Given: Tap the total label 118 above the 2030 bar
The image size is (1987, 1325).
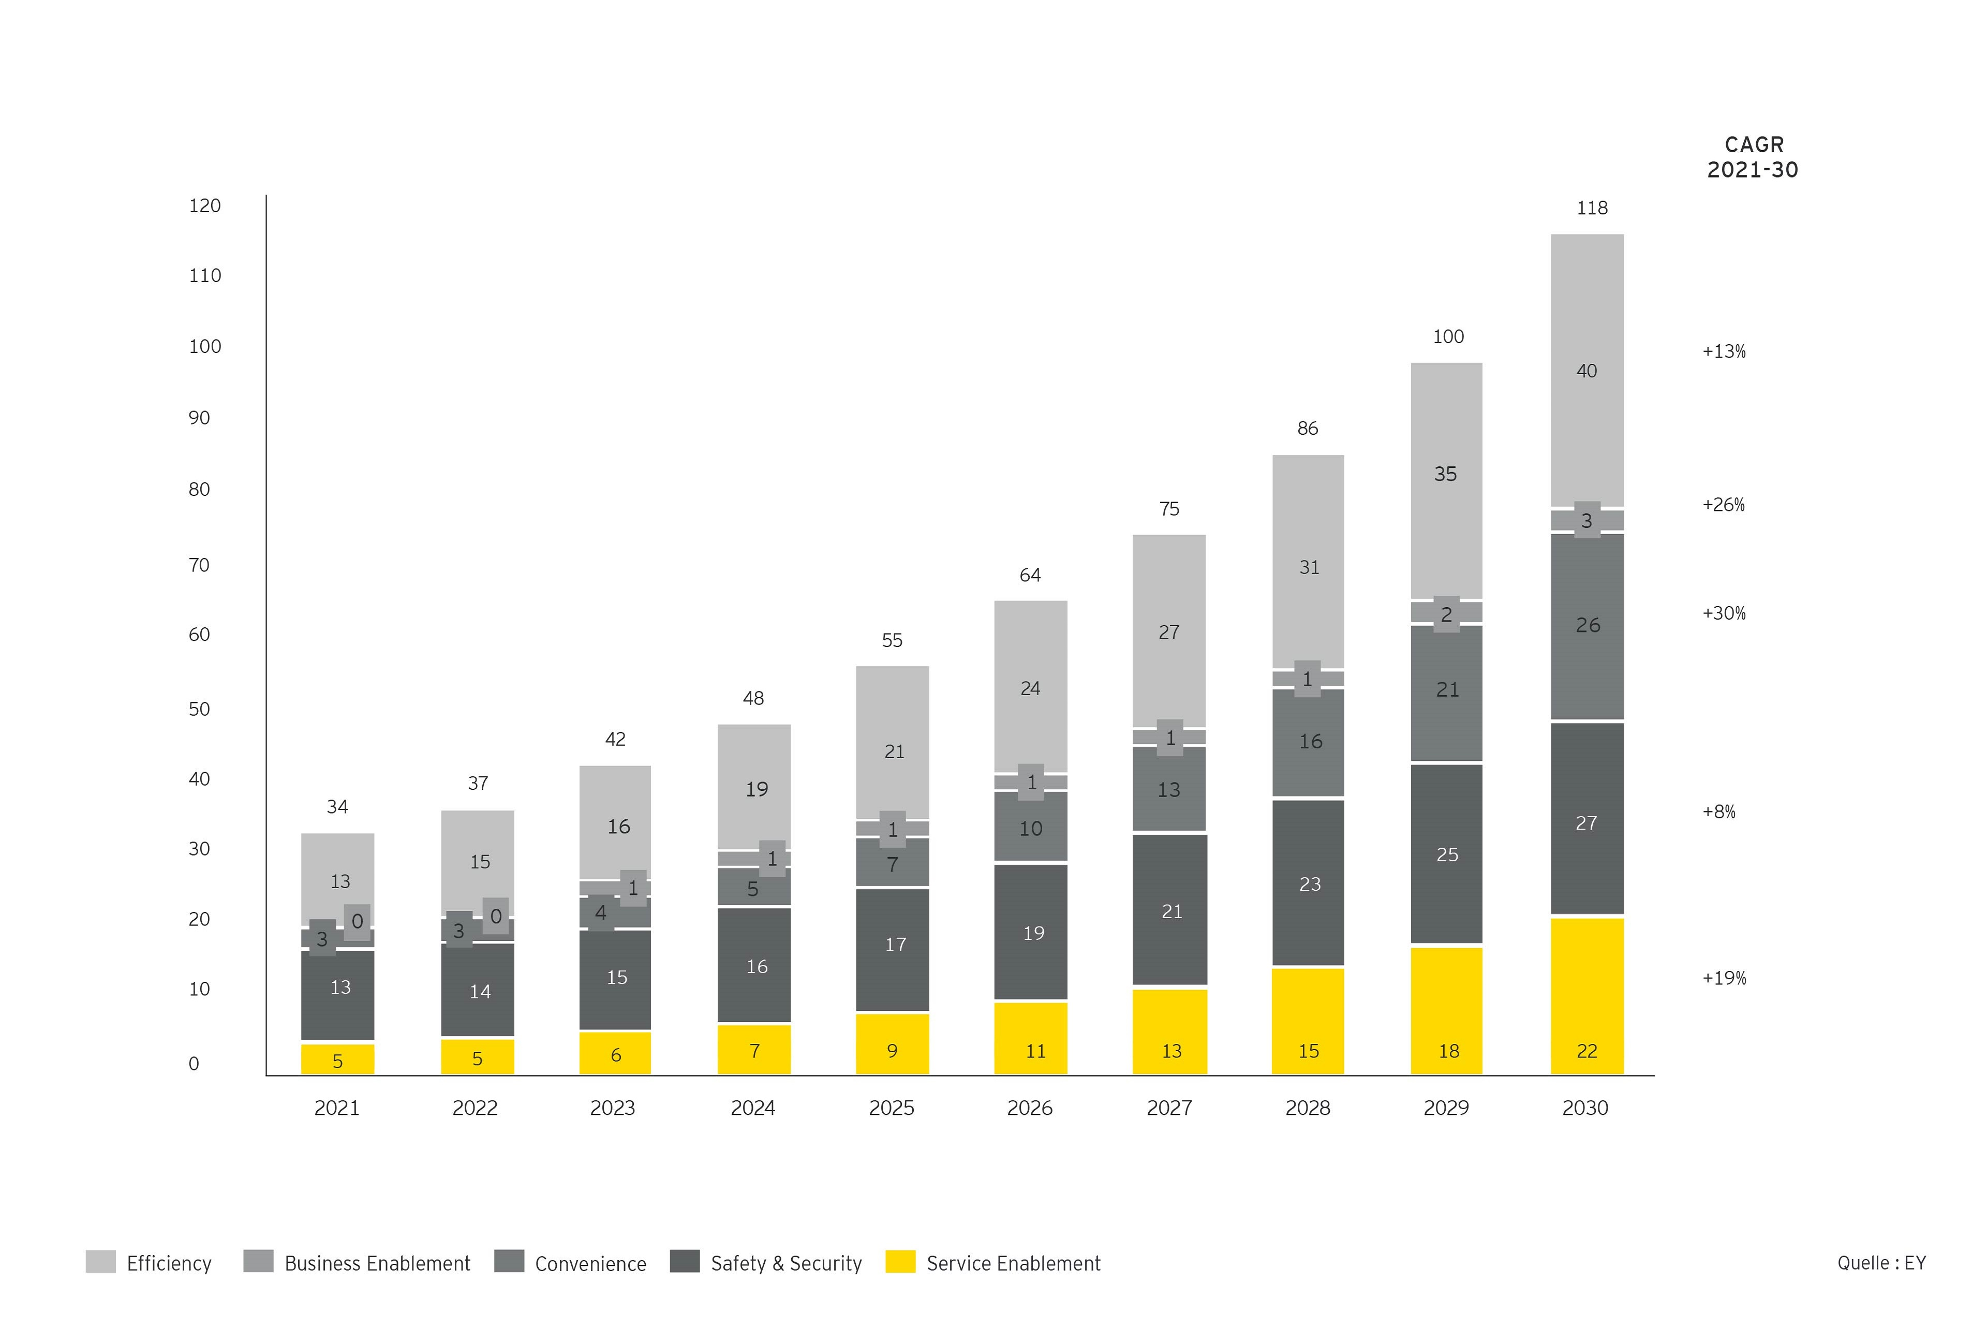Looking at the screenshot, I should point(1592,208).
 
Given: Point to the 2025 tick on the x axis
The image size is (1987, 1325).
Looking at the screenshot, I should point(891,1108).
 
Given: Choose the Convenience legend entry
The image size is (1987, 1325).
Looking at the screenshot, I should point(590,1263).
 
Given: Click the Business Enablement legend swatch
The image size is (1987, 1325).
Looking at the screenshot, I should point(258,1262).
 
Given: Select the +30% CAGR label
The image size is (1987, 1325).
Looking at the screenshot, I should point(1724,613).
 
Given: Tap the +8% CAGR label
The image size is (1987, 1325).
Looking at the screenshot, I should point(1718,812).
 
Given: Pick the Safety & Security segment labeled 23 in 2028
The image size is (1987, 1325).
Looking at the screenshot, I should point(1309,884).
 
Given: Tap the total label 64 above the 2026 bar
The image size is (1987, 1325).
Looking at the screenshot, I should point(1030,576).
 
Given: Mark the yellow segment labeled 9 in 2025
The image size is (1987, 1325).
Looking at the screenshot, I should point(892,1046).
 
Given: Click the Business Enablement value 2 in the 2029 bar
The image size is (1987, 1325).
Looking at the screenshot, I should point(1446,614).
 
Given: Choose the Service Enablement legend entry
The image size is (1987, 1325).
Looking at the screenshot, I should point(1012,1263).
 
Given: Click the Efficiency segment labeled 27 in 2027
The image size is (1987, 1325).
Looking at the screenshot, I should point(1168,632).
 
